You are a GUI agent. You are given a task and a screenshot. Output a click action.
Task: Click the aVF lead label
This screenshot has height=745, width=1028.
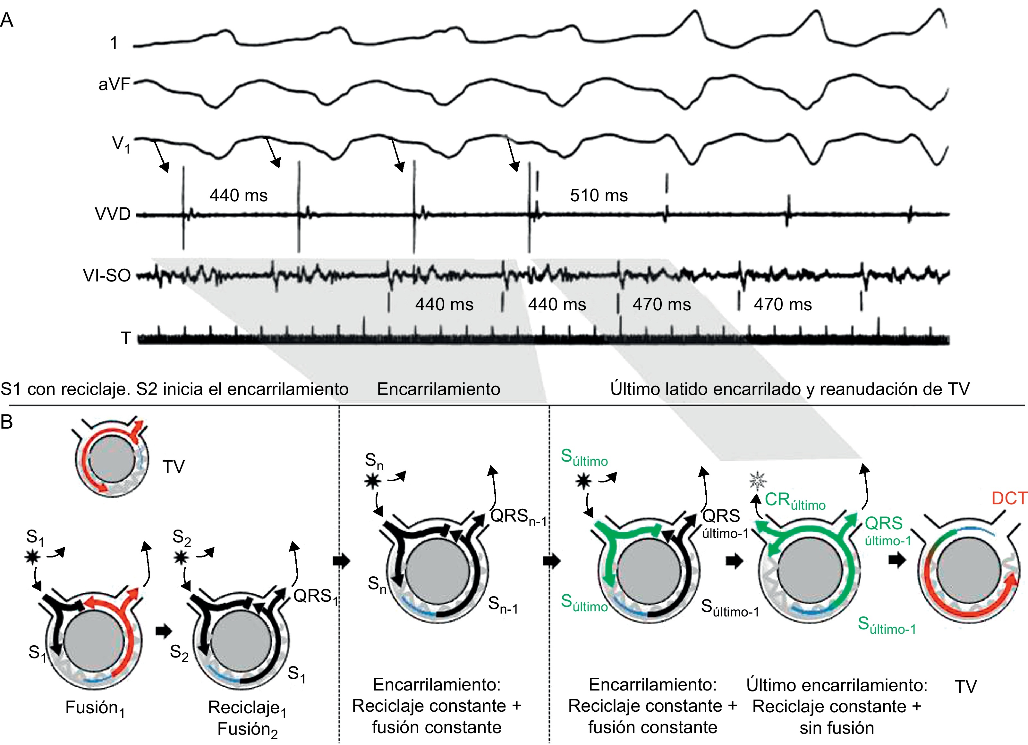114,84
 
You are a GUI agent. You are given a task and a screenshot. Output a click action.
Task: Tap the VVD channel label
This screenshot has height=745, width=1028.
112,214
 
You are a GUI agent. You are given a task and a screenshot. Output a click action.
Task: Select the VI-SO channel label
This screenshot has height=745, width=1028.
107,275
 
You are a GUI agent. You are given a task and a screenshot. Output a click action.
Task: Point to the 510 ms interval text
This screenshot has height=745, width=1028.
598,195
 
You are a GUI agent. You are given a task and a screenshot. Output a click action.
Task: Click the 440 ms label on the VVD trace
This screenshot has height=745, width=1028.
238,195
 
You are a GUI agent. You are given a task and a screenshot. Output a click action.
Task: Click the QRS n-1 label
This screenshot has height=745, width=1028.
518,517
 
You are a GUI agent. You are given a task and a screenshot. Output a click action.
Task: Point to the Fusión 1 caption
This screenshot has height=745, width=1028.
95,708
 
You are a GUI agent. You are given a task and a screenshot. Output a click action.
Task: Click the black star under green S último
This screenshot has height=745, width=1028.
583,481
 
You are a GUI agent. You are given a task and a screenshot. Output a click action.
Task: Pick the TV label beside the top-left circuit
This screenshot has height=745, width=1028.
174,466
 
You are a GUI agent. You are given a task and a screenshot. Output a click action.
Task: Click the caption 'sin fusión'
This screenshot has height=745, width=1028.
836,728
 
